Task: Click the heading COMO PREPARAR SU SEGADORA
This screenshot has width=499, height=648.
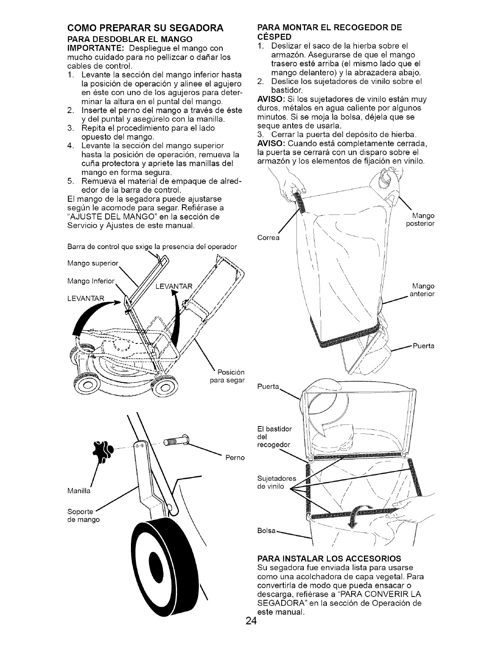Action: [x=145, y=28]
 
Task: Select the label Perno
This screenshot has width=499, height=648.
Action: [x=235, y=457]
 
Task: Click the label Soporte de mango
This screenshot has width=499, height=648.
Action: [x=83, y=516]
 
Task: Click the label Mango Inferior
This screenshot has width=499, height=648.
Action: [x=91, y=282]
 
